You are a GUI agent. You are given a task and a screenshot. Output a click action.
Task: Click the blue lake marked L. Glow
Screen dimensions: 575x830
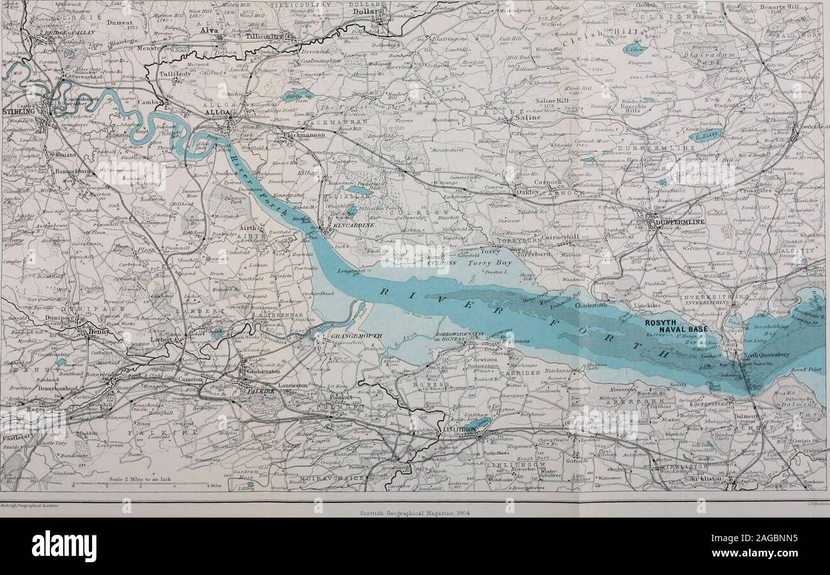point(635,49)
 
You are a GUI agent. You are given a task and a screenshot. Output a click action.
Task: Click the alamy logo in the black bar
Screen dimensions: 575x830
point(64,546)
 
